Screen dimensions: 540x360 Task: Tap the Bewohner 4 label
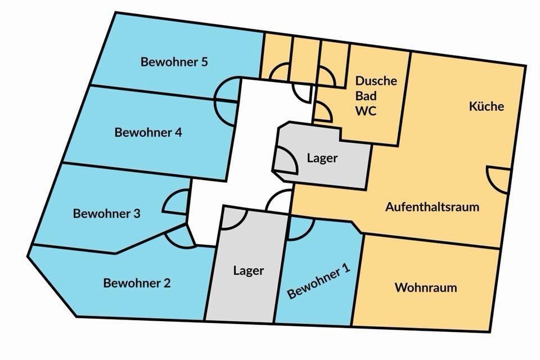[x=148, y=133]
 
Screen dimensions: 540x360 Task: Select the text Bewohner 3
[x=106, y=214]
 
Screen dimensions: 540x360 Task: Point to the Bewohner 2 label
[x=137, y=283]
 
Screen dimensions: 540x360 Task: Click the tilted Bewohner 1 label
[x=318, y=282]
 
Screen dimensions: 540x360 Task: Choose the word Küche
[x=487, y=106]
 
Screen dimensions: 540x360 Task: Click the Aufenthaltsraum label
[x=432, y=206]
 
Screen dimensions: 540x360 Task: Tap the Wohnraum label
[x=425, y=287]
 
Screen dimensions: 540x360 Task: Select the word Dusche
[x=376, y=80]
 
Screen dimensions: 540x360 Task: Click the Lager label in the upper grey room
[x=322, y=158]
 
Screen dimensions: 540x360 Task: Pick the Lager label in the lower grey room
[x=248, y=270]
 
